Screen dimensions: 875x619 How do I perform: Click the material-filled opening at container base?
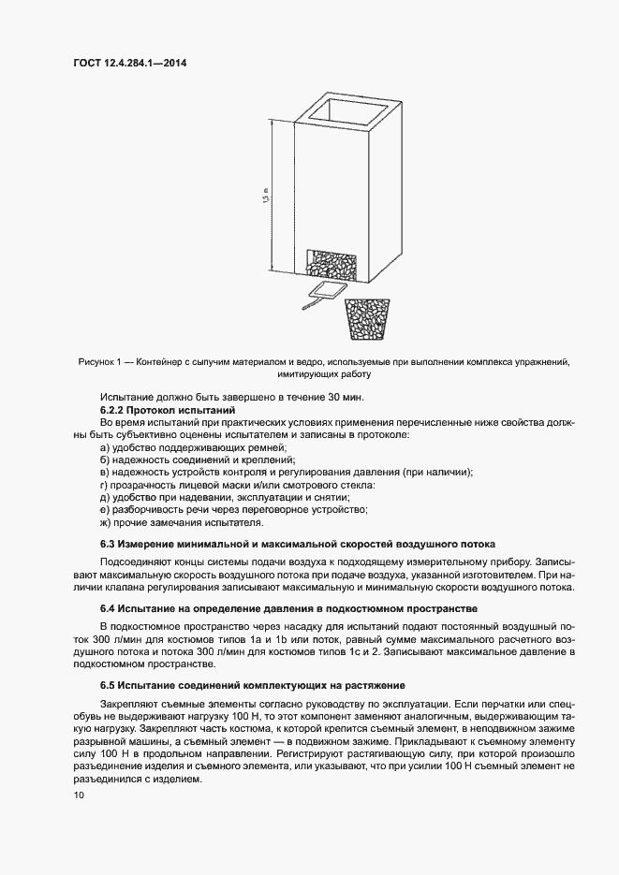(332, 262)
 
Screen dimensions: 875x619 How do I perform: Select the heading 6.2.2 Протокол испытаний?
(166, 411)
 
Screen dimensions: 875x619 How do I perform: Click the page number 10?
(78, 795)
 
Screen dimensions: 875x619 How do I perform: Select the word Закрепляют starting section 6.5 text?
(130, 703)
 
